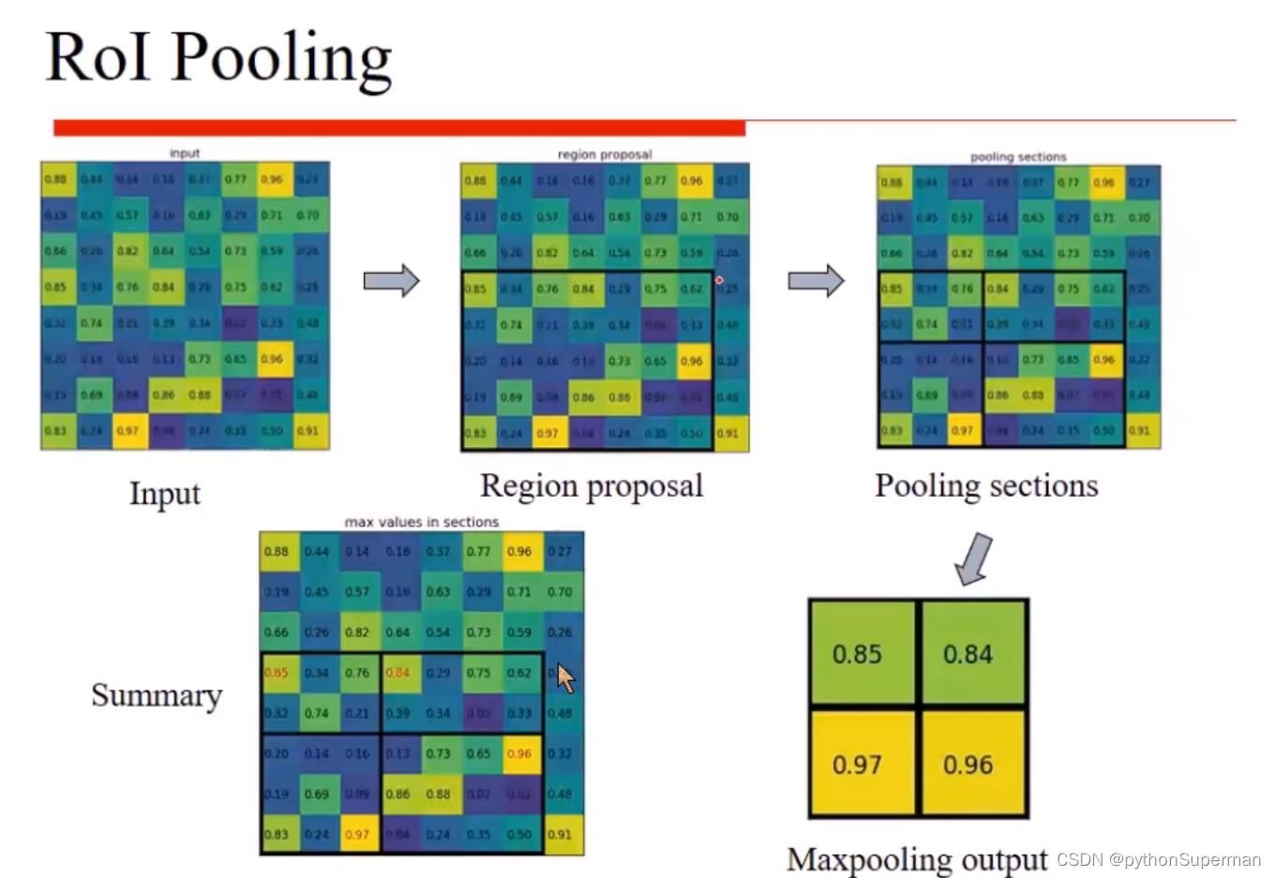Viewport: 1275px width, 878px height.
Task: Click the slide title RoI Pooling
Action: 218,58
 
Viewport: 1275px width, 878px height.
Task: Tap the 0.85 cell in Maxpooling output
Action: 858,654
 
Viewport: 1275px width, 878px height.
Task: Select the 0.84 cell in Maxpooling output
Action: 968,654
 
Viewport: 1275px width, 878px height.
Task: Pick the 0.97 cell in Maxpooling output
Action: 858,765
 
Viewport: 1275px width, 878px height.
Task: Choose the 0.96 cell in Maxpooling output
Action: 968,765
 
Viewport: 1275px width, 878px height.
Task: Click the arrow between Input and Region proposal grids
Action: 391,280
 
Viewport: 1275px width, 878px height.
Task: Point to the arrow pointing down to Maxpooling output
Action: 973,558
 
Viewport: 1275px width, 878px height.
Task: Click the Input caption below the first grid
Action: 165,494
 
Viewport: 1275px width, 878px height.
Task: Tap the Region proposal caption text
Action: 592,485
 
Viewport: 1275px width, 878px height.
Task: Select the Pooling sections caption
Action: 986,485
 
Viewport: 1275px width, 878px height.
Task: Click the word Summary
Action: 157,695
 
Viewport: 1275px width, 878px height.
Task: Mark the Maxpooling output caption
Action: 917,858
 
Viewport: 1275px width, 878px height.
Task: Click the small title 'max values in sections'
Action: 422,522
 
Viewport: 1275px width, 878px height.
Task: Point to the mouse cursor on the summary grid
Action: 565,677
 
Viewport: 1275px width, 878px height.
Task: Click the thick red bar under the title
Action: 399,127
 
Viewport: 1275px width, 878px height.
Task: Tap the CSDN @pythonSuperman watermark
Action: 1159,859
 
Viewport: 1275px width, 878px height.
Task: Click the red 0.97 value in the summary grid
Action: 357,834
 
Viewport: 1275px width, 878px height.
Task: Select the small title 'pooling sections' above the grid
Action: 1018,156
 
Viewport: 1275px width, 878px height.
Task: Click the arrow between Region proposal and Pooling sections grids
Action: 816,280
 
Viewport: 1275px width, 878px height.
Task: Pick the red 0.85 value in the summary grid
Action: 277,673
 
